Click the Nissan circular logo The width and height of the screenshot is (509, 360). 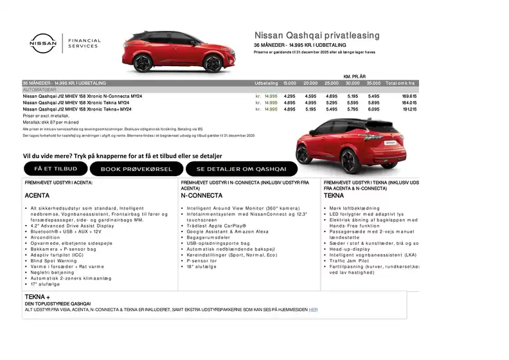pos(43,43)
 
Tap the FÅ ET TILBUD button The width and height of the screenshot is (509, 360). pos(55,168)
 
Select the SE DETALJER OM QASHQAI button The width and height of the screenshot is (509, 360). pos(242,169)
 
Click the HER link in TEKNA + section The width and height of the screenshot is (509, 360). pos(313,309)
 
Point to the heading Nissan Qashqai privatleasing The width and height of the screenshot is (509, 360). pos(317,35)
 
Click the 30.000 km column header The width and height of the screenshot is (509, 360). pos(352,84)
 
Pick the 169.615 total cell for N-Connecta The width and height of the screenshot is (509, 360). pos(409,96)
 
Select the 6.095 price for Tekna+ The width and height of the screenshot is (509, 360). pos(373,109)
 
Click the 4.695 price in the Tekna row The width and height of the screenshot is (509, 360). pos(289,103)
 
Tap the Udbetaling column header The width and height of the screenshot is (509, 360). pos(266,84)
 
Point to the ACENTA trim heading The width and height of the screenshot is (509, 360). pos(37,195)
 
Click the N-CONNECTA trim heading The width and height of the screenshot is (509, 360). pos(202,195)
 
